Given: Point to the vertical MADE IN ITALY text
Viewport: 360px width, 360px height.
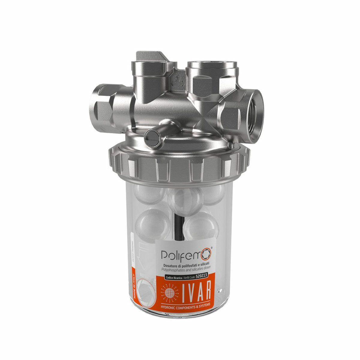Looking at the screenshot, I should [x=137, y=282].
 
